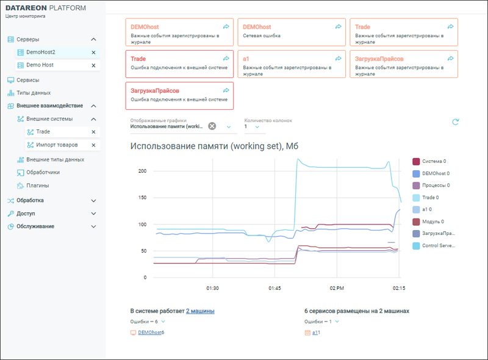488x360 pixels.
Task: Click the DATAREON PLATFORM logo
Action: [46, 8]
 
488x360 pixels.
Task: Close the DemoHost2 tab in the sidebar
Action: [93, 52]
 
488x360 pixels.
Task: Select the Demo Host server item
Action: [40, 65]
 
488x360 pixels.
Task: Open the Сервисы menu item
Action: [27, 80]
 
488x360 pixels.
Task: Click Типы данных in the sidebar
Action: [33, 93]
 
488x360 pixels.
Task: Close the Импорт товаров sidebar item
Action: [93, 145]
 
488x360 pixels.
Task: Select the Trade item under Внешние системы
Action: [43, 132]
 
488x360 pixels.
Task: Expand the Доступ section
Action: [93, 214]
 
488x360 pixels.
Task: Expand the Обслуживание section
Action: [93, 226]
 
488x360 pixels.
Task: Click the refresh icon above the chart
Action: [455, 122]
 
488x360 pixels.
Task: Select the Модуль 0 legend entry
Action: [432, 221]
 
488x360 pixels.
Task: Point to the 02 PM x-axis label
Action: [337, 287]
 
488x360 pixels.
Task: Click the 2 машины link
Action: [200, 311]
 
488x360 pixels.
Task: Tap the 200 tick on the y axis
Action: [142, 171]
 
